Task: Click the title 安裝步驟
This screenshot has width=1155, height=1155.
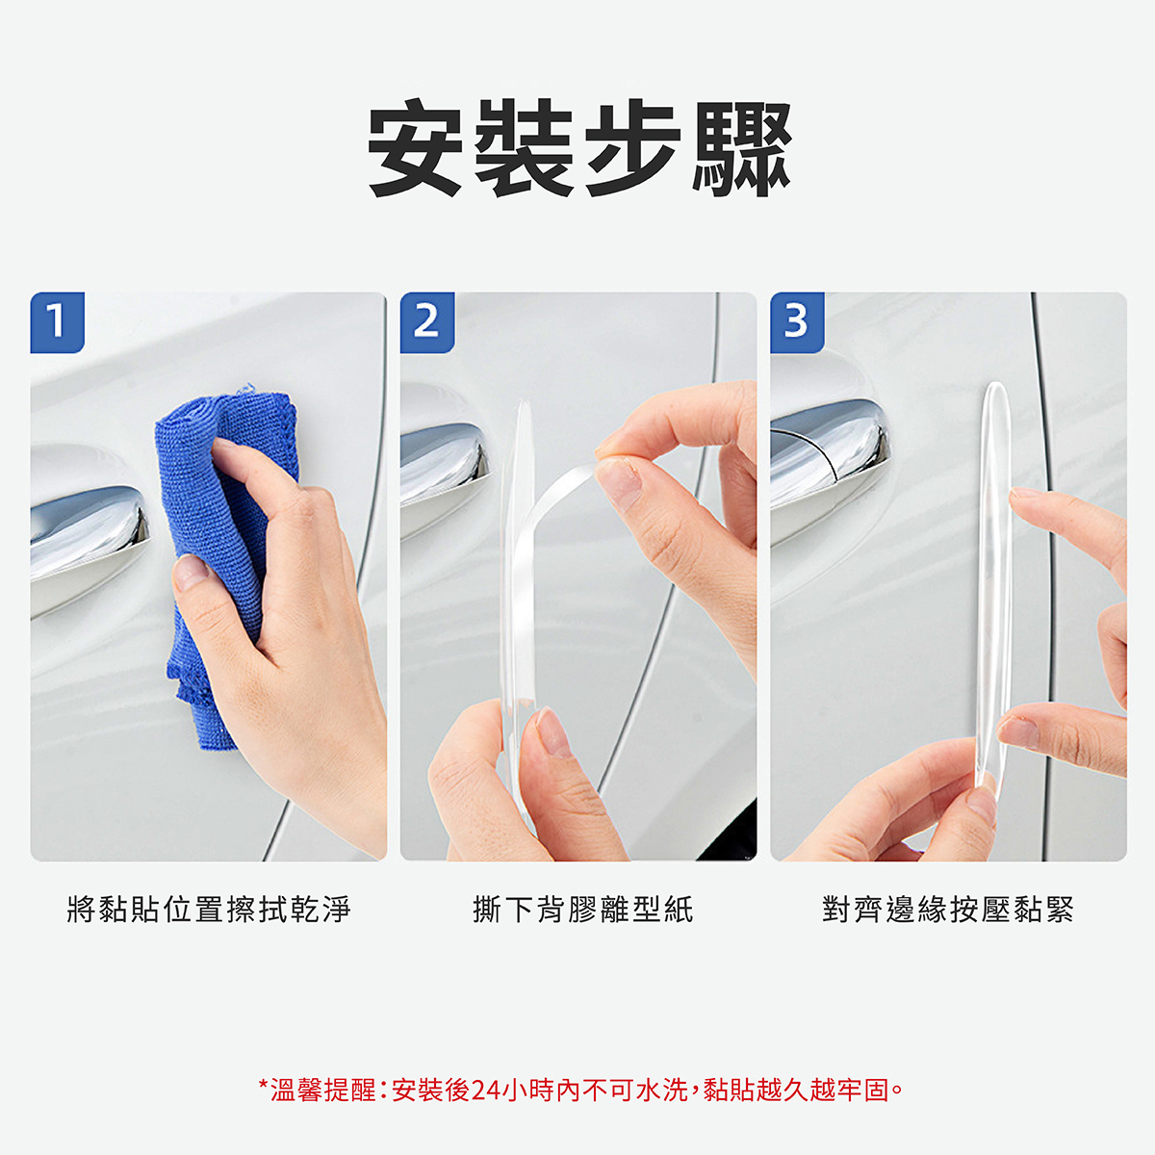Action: (579, 148)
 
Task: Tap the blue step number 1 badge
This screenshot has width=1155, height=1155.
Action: (58, 322)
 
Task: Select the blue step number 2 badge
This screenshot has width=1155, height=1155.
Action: (427, 322)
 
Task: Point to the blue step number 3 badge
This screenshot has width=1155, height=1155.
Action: (797, 322)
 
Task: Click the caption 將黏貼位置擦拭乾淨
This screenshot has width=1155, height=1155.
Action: (209, 910)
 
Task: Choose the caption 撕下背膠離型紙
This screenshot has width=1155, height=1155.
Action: (582, 910)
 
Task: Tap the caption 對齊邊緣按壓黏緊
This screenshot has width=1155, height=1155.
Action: (948, 910)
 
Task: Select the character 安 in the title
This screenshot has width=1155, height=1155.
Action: (415, 148)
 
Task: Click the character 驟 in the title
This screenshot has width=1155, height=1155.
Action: (742, 148)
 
